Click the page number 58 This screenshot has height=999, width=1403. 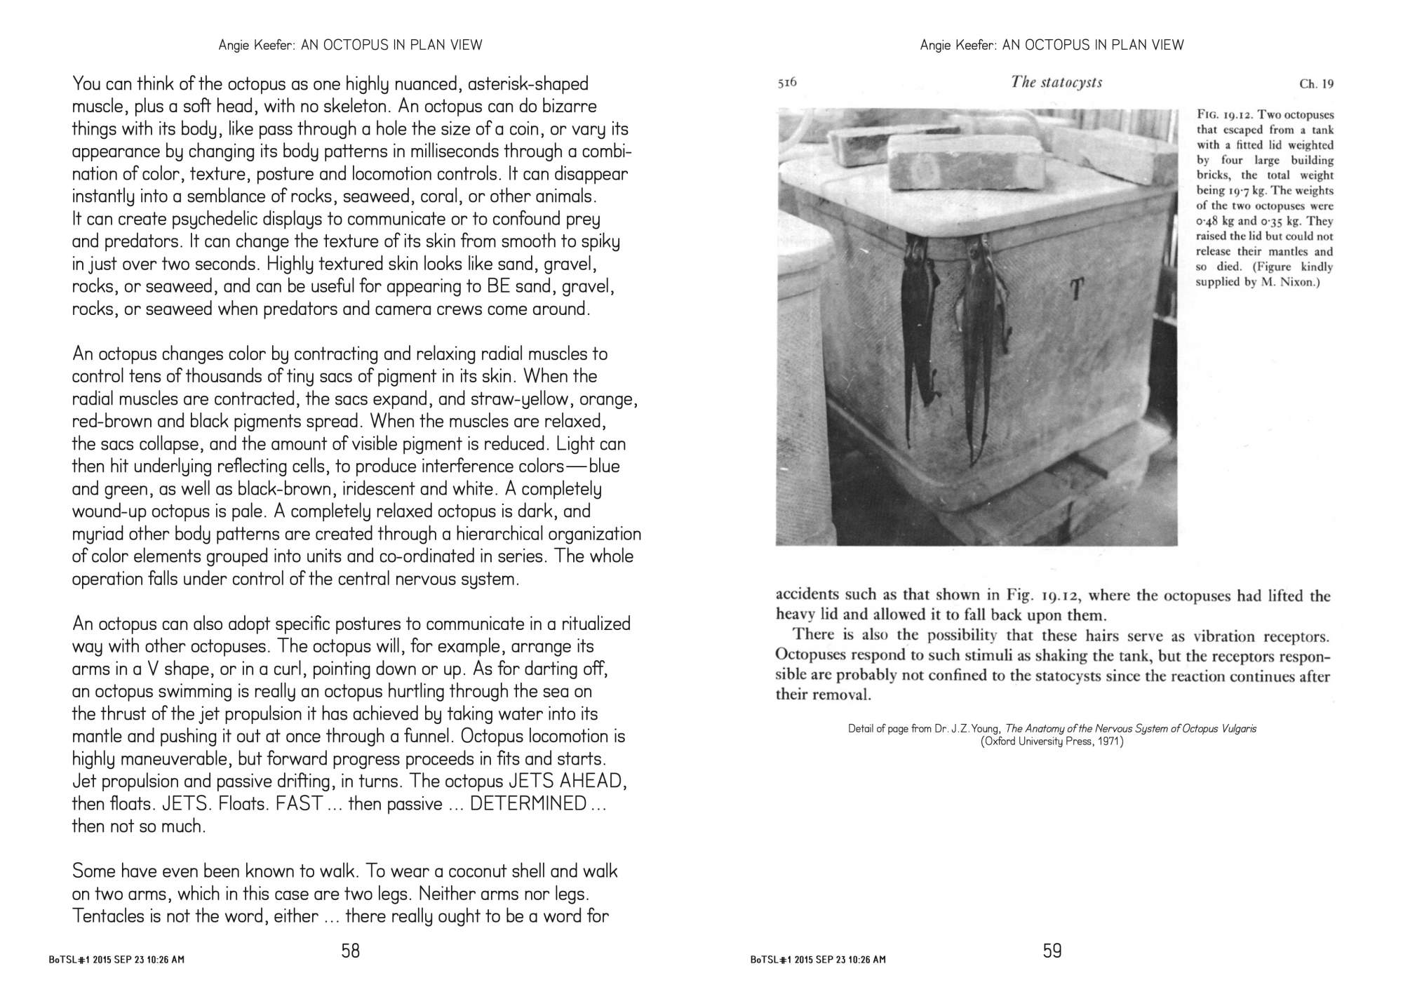point(350,951)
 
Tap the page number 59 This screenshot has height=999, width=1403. point(1052,951)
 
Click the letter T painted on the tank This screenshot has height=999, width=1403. point(1076,289)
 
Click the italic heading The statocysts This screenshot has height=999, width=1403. point(1056,82)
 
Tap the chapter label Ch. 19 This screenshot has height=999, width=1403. point(1316,84)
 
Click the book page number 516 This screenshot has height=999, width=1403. point(787,83)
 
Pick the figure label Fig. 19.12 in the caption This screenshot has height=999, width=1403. point(1225,115)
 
